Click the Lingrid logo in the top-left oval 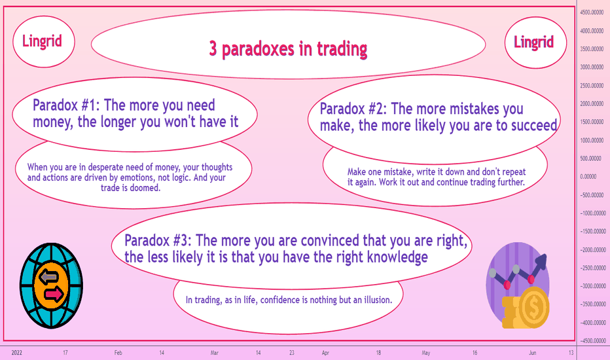pos(42,41)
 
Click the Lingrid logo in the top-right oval pos(534,42)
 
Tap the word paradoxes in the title pos(258,50)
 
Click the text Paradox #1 pos(65,105)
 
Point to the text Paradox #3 pos(158,240)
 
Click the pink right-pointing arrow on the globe pos(54,294)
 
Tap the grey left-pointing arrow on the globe pos(48,276)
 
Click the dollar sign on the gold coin pos(533,308)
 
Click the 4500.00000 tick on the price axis pos(592,12)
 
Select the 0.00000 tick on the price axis pos(588,177)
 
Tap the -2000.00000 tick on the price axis pos(593,250)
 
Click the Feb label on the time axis pos(118,353)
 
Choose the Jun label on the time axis pos(532,353)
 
